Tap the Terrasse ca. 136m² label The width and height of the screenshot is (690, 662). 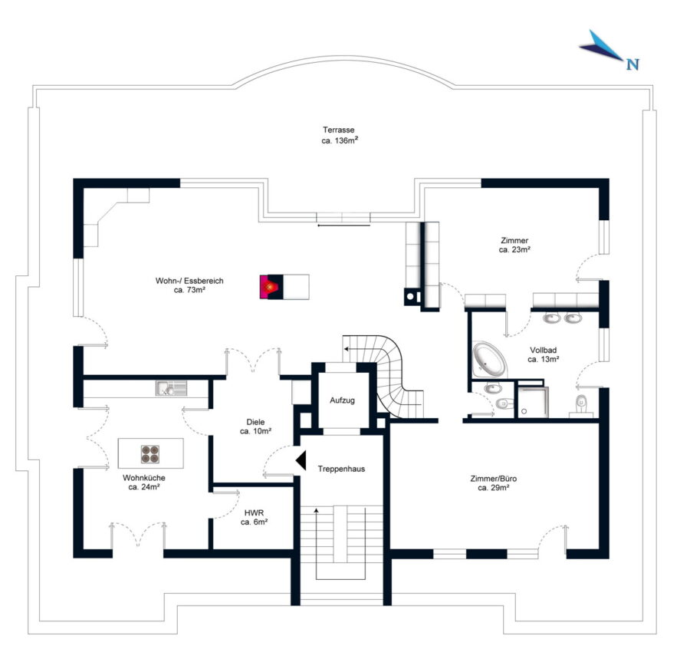pos(338,136)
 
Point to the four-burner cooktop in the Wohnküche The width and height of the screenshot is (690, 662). pos(150,453)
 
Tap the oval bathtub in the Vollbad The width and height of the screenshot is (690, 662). pos(488,357)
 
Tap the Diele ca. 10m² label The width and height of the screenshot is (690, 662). pos(253,427)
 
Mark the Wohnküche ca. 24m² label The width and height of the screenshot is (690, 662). pos(143,483)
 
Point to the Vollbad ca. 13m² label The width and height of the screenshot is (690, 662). pos(544,354)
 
